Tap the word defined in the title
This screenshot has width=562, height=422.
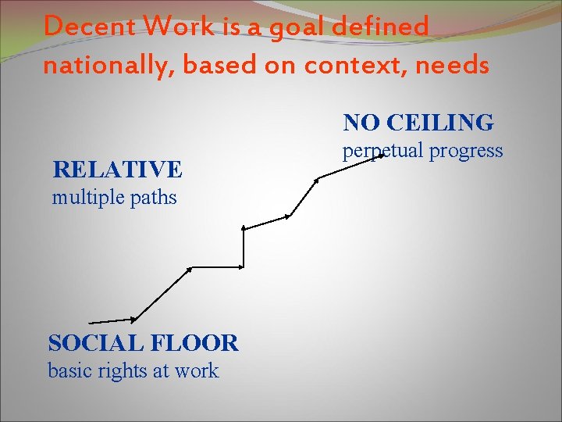[x=381, y=27]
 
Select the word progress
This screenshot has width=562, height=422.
[x=466, y=151]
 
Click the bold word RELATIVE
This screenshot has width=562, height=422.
[x=117, y=169]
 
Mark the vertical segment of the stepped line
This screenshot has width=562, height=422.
[x=244, y=248]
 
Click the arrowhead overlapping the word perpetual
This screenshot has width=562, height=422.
[x=382, y=156]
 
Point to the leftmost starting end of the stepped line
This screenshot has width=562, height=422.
[x=91, y=322]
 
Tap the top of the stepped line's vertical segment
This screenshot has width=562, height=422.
[x=244, y=228]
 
